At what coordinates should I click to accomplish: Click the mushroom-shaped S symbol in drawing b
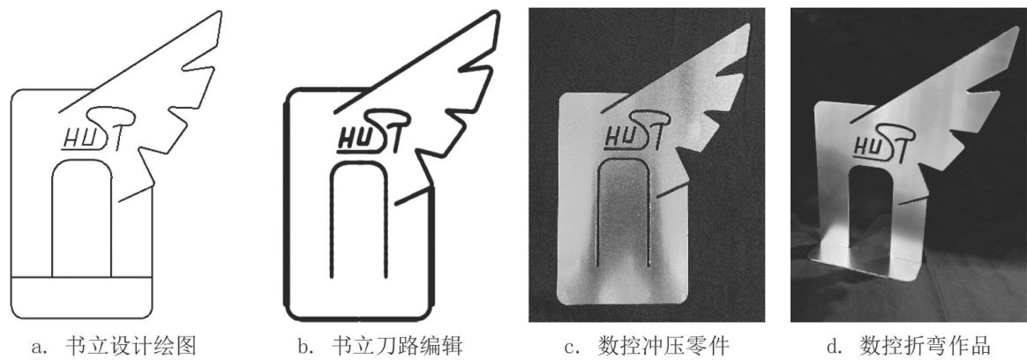[x=381, y=117]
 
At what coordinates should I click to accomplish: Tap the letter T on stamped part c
[x=651, y=132]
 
